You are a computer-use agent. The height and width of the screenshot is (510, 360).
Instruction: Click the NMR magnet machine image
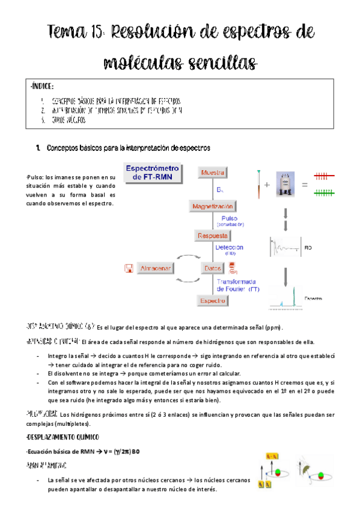coord(285,184)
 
